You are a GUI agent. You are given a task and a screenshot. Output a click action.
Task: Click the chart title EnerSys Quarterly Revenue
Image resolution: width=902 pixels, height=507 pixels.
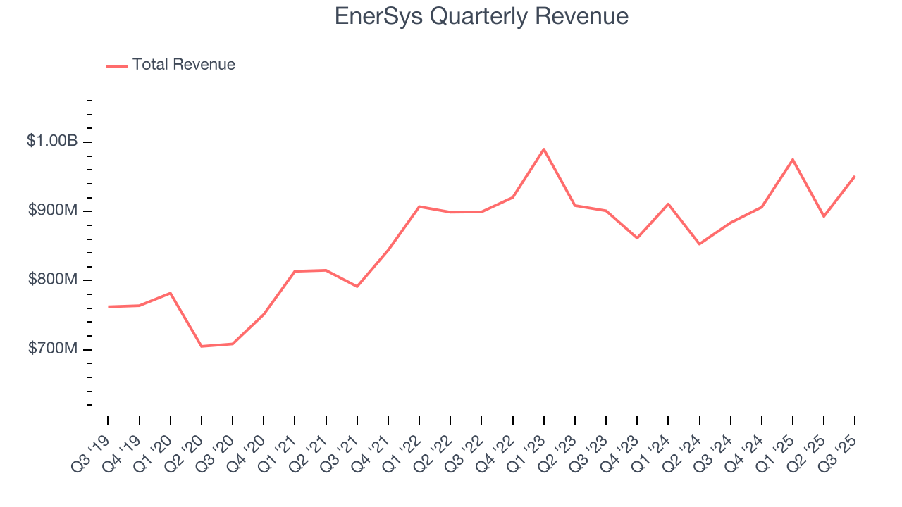[481, 16]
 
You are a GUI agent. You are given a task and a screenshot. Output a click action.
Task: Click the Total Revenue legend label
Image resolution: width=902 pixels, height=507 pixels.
[183, 65]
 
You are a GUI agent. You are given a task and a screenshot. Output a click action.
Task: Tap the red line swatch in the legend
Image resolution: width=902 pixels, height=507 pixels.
[116, 65]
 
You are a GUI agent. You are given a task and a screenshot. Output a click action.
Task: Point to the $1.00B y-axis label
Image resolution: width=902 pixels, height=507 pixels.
[52, 142]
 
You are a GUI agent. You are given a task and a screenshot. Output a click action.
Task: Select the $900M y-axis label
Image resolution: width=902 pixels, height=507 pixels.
[53, 211]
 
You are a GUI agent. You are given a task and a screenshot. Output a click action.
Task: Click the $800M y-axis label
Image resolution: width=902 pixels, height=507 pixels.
[53, 280]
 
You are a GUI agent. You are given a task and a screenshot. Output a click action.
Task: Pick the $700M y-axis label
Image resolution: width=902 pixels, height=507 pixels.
[53, 349]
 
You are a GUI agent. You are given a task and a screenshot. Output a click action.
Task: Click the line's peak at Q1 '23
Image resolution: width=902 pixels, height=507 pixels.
[544, 149]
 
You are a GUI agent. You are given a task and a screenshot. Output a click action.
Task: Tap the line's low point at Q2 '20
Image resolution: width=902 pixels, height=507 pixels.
[202, 346]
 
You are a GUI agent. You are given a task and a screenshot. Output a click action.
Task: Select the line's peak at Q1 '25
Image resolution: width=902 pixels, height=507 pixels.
[793, 160]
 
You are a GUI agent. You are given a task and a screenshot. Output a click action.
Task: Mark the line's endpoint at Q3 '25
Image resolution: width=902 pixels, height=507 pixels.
[855, 177]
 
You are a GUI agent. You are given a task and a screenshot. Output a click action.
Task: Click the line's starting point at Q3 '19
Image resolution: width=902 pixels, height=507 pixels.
[109, 307]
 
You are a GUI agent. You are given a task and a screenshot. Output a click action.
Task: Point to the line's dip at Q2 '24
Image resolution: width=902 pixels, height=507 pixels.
[699, 244]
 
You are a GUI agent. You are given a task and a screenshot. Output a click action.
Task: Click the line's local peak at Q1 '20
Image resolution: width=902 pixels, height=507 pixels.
[171, 293]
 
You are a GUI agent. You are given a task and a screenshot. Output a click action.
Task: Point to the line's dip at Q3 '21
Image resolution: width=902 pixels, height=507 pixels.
[357, 287]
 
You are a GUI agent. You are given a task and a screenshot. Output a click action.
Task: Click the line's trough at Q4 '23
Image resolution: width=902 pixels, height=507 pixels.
[637, 238]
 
